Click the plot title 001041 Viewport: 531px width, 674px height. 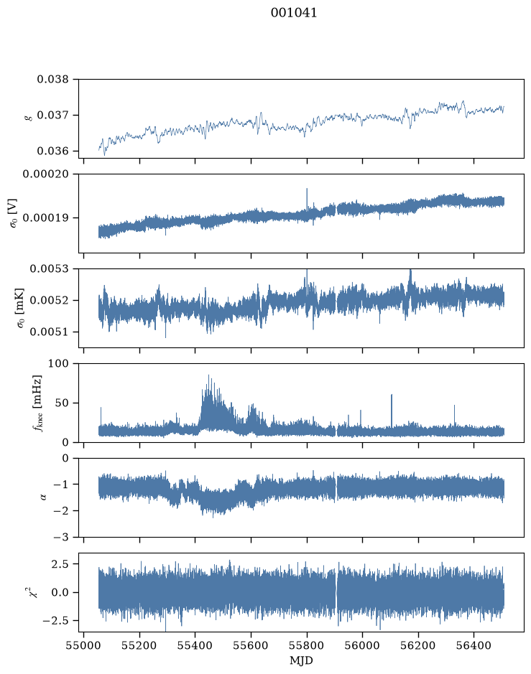pos(294,13)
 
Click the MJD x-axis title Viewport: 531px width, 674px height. pos(301,660)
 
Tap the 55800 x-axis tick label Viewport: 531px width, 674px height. pos(307,645)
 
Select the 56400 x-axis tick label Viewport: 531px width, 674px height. pos(474,645)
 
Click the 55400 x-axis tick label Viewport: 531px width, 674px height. pos(195,645)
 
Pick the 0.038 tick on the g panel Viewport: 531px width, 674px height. pos(52,79)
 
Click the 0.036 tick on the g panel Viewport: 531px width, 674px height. pos(52,151)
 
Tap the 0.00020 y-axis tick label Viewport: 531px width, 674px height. pos(45,174)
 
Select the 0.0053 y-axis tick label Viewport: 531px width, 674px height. pos(49,268)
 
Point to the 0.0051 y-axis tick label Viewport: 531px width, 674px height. pos(49,332)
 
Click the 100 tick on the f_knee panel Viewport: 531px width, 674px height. pos(58,364)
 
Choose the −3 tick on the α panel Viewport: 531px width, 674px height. pos(60,537)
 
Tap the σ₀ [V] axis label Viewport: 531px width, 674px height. pos(13,213)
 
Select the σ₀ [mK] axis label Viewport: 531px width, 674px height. pos(21,308)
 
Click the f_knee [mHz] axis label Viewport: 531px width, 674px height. pos(37,403)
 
